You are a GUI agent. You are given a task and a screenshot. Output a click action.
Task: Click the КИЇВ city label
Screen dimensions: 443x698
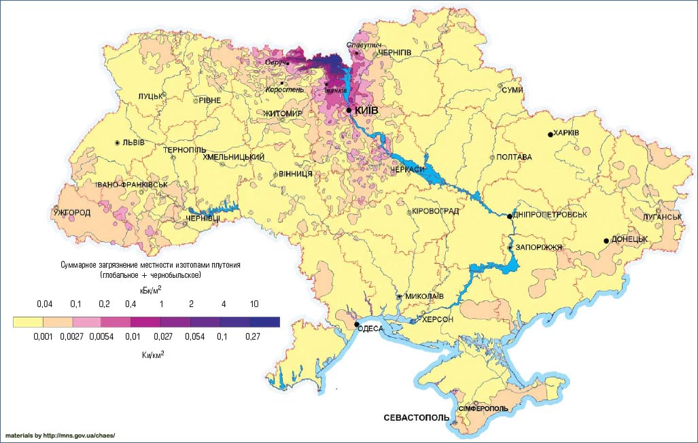(x=368, y=110)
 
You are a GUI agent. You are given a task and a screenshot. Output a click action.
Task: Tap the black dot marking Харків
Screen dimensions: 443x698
(x=551, y=135)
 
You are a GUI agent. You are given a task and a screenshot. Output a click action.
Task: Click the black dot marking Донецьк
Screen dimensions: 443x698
(x=606, y=241)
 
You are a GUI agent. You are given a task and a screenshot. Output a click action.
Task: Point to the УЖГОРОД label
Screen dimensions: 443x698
(x=71, y=213)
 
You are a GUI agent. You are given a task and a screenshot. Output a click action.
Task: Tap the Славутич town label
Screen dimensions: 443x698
(x=360, y=45)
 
